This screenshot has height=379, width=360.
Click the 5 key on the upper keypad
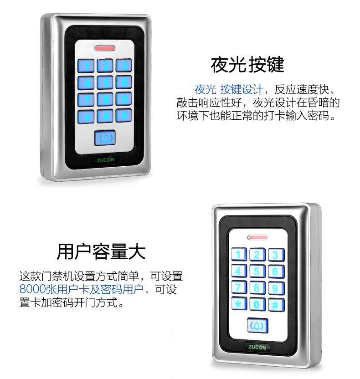tap(105, 82)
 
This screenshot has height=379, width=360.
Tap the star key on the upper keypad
tap(86, 117)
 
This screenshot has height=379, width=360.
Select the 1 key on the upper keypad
tap(86, 66)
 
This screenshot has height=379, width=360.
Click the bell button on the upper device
tap(105, 138)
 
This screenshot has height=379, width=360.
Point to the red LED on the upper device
tap(105, 48)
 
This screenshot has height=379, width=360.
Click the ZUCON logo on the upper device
tap(105, 160)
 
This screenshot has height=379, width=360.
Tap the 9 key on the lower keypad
tap(276, 288)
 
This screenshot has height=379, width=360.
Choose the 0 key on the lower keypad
tap(257, 304)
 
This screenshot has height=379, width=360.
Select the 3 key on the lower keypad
tap(276, 255)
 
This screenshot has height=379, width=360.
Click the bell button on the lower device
tap(257, 326)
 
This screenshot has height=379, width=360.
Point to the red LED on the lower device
tap(258, 237)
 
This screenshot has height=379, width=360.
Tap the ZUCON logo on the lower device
tap(257, 347)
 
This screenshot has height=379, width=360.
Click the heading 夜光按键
tap(247, 65)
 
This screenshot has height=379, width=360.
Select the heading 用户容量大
tap(101, 251)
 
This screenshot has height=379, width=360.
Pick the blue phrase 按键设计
tap(242, 90)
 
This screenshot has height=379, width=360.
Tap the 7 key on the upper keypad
tap(86, 100)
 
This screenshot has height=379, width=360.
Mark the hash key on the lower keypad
tap(276, 305)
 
